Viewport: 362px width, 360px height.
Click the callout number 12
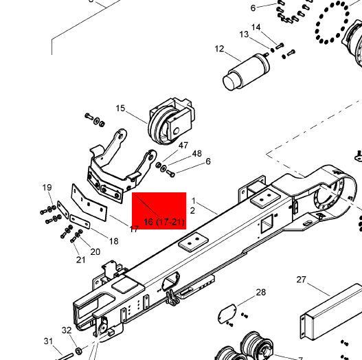pyautogui.click(x=219, y=49)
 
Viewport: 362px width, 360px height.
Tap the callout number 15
pyautogui.click(x=120, y=109)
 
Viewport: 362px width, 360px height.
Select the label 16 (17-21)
pyautogui.click(x=164, y=222)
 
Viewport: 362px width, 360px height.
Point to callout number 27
pyautogui.click(x=301, y=280)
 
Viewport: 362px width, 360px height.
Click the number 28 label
pyautogui.click(x=261, y=293)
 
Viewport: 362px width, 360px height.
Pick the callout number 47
pyautogui.click(x=183, y=146)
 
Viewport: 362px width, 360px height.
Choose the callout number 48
pyautogui.click(x=197, y=154)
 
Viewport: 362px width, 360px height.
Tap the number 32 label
pyautogui.click(x=67, y=330)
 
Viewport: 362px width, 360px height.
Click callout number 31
pyautogui.click(x=48, y=341)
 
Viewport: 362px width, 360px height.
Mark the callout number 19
pyautogui.click(x=47, y=188)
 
